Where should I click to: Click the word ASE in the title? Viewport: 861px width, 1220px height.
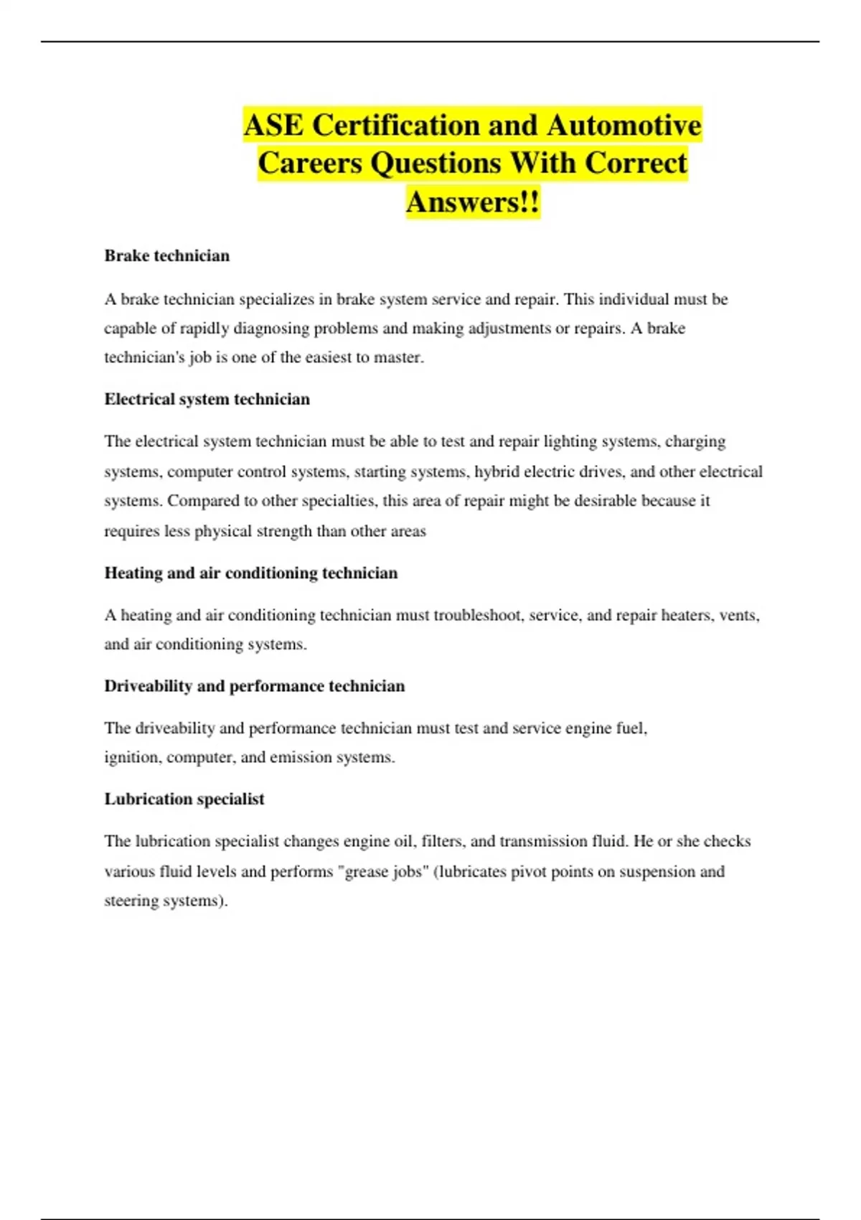273,126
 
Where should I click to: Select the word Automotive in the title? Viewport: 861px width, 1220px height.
624,126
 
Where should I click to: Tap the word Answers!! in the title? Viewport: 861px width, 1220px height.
473,202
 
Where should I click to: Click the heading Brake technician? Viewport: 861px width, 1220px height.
167,256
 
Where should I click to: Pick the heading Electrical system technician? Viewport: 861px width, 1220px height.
207,400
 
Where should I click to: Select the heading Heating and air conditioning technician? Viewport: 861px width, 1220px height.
251,573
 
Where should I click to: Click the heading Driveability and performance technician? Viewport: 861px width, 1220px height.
255,686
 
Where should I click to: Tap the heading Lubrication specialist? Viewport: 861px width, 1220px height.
184,799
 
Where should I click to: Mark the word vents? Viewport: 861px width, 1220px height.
739,615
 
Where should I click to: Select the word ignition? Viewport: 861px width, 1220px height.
132,757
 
